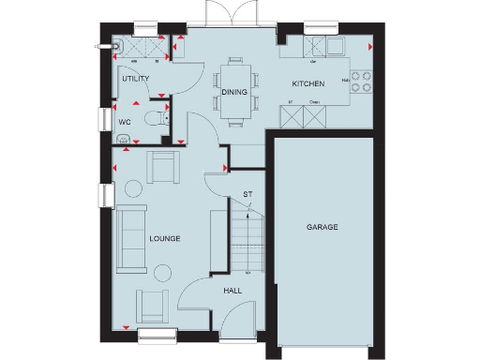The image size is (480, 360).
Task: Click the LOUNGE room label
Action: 164,239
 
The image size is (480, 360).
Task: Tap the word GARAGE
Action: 322,228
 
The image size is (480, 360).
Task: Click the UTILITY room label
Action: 137,80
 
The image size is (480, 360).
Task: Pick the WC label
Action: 125,121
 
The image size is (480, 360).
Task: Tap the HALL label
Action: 232,292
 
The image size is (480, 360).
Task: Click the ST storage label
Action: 247,195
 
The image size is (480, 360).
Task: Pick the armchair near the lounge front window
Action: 152,305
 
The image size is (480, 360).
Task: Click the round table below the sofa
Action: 161,272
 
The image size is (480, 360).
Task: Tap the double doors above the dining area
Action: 228,13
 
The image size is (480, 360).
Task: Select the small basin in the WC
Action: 122,137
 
